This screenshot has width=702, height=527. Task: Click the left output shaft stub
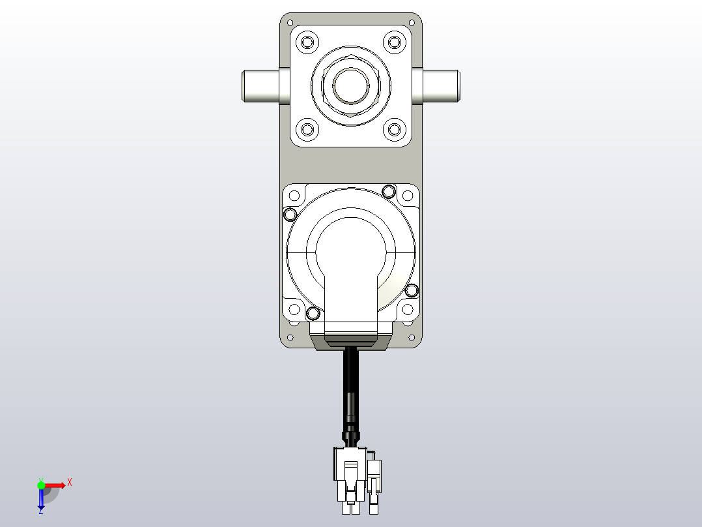tap(261, 87)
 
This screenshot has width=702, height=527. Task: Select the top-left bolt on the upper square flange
tap(307, 43)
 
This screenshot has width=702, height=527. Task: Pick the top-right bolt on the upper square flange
tap(394, 43)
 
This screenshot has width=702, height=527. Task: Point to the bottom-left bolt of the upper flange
tap(307, 129)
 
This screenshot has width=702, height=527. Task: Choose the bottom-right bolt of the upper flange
tap(394, 129)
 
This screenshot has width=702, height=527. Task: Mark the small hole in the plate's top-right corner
tap(412, 22)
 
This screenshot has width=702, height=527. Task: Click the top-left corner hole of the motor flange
tap(294, 195)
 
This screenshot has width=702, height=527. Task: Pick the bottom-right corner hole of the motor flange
tap(408, 310)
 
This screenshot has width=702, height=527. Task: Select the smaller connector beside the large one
tap(374, 473)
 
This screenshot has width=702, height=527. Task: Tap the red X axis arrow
tap(55, 485)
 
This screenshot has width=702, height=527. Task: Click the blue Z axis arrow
tap(41, 499)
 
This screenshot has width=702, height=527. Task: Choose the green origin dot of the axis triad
tap(41, 485)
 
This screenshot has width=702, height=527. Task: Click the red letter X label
tap(70, 482)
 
